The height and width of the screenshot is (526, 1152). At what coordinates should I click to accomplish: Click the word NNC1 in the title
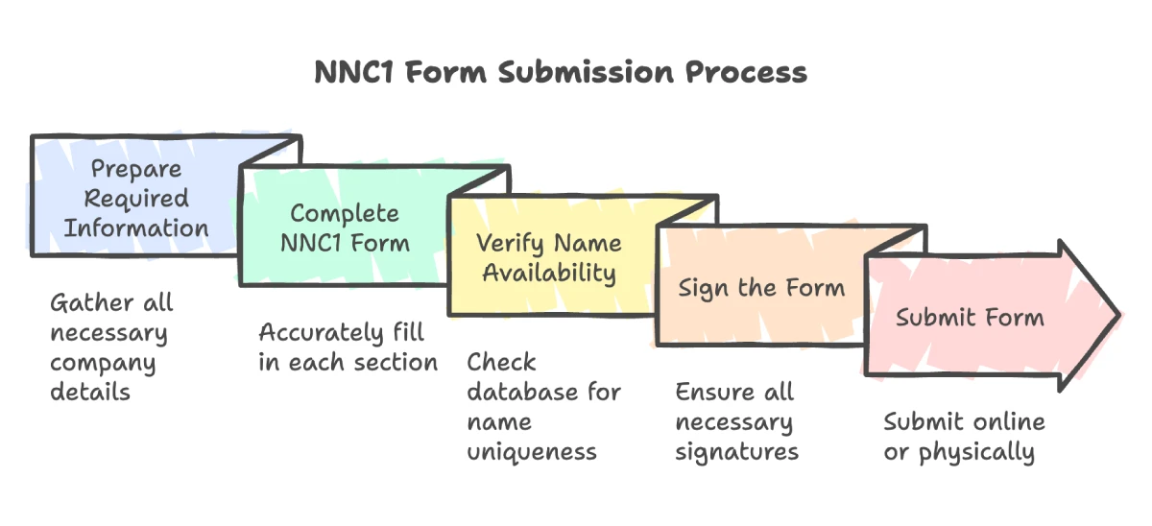354,72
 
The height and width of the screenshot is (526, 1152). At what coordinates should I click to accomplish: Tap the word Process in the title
746,72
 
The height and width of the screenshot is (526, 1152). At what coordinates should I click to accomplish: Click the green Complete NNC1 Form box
345,227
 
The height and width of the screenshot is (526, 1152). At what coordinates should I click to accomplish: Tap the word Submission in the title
586,72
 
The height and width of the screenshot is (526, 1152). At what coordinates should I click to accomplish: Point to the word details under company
90,392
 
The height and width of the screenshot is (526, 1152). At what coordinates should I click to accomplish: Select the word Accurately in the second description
322,333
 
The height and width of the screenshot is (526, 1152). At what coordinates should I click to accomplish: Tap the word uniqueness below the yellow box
532,452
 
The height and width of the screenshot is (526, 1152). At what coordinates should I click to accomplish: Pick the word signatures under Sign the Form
736,452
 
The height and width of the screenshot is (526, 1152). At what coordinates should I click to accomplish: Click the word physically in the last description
976,452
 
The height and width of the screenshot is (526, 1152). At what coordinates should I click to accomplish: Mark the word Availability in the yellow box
549,273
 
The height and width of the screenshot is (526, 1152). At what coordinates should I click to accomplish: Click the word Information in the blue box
136,227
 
